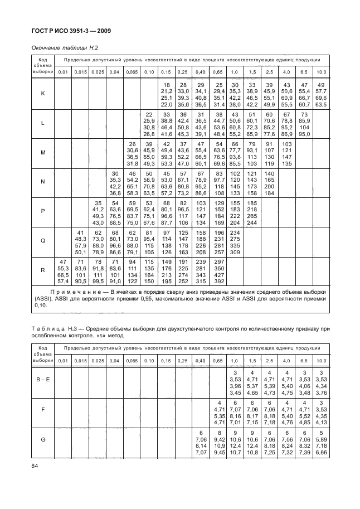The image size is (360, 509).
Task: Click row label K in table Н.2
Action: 43,93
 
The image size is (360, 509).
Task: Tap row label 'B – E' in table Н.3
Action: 43,380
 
